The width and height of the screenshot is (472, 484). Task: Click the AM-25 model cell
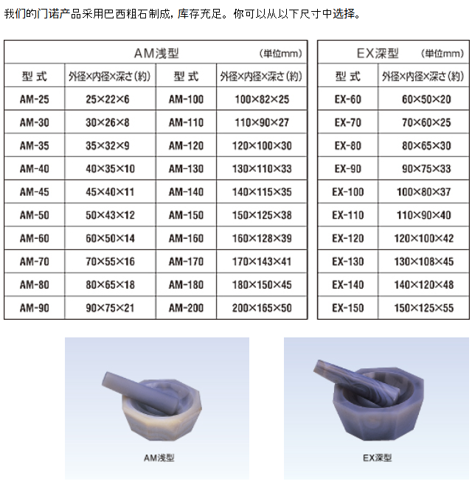(x=35, y=99)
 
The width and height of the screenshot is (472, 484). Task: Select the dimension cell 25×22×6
(x=108, y=99)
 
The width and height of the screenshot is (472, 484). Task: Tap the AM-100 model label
(x=186, y=99)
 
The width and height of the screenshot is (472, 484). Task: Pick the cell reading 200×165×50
(x=262, y=308)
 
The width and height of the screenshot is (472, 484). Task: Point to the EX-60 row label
(x=348, y=99)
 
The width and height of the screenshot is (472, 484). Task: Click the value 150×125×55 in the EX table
(x=424, y=308)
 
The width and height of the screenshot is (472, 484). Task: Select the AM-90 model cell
(x=35, y=308)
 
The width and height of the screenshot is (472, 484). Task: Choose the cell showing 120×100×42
(x=424, y=238)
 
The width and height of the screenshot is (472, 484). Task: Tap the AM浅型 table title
(x=156, y=53)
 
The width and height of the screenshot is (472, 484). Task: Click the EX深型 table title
(x=378, y=53)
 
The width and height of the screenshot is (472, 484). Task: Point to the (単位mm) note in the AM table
(x=281, y=54)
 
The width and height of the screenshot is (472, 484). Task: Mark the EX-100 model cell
(x=348, y=192)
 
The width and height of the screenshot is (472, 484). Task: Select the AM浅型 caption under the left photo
(x=159, y=457)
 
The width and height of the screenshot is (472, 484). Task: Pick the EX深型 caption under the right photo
(x=377, y=457)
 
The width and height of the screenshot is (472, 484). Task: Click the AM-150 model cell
(x=186, y=215)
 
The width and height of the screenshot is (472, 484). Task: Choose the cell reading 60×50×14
(x=110, y=238)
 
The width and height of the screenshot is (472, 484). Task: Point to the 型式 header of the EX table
(x=348, y=76)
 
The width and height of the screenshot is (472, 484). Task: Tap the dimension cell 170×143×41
(x=262, y=262)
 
